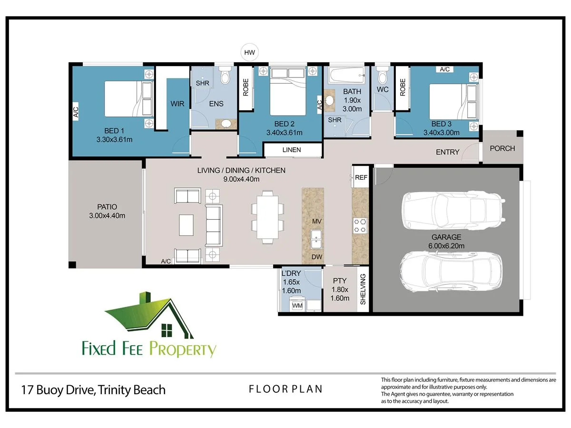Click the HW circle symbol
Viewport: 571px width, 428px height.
tap(249, 52)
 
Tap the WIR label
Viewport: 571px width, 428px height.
tap(177, 104)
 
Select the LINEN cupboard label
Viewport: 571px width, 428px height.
tap(292, 150)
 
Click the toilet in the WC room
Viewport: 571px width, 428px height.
tap(383, 75)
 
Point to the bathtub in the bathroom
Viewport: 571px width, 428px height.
tap(346, 75)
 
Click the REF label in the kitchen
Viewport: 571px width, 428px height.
tap(361, 177)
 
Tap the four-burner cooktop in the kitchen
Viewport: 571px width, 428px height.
tap(360, 225)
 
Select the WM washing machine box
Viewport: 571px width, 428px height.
tap(297, 305)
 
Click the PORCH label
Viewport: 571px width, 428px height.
tap(502, 148)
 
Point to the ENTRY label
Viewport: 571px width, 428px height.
tap(447, 152)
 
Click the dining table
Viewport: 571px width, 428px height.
tap(267, 217)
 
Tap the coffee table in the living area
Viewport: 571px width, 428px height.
tap(186, 225)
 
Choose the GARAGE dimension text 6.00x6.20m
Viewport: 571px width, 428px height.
tap(446, 246)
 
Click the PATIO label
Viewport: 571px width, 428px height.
tap(107, 207)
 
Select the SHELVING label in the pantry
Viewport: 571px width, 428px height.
tap(363, 289)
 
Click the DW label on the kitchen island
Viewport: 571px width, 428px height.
tap(317, 257)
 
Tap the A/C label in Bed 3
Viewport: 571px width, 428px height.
tap(444, 69)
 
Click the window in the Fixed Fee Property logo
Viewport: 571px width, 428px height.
tap(167, 331)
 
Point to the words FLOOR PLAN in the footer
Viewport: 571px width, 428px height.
tap(285, 389)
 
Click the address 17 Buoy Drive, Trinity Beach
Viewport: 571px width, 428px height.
tap(93, 390)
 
